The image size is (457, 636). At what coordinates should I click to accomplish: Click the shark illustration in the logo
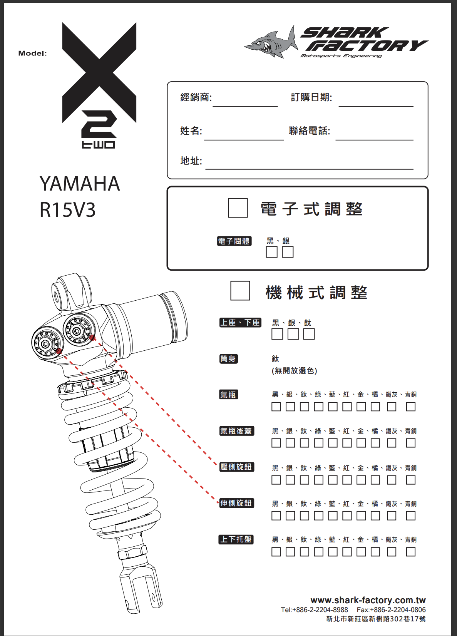[x=271, y=43]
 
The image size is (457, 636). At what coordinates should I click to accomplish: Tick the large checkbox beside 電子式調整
[x=238, y=208]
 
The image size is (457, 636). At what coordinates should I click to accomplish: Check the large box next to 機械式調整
[x=240, y=291]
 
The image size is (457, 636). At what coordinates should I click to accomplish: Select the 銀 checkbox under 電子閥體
[x=288, y=252]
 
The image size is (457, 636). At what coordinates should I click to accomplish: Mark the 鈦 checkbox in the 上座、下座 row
[x=309, y=334]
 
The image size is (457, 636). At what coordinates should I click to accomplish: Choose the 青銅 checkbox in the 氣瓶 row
[x=411, y=407]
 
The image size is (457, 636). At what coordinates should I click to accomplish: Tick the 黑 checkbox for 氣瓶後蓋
[x=276, y=443]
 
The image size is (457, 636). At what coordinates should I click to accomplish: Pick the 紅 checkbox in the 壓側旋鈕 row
[x=347, y=480]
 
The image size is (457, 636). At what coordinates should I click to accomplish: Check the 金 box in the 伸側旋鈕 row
[x=361, y=515]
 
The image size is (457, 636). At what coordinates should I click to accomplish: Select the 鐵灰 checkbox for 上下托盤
[x=392, y=552]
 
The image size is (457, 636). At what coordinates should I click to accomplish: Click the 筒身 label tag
[x=228, y=358]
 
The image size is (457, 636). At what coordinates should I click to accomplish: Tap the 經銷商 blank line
[x=245, y=107]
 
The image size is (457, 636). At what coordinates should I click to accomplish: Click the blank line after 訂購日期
[x=376, y=107]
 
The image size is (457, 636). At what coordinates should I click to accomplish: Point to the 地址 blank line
[x=309, y=169]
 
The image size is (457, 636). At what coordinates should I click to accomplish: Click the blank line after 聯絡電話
[x=374, y=140]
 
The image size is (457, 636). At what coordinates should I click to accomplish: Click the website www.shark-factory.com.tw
[x=368, y=600]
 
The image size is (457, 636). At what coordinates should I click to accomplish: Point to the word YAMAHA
[x=80, y=183]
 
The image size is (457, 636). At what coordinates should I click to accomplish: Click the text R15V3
[x=67, y=210]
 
